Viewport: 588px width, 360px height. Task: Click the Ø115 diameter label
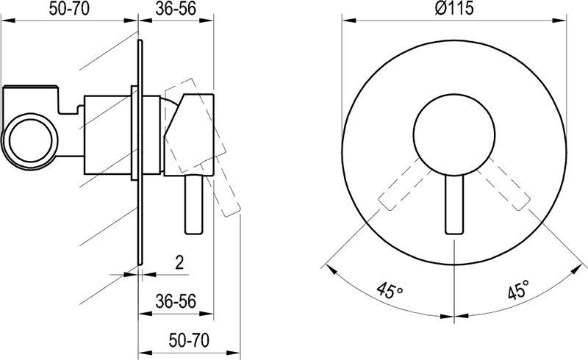(x=453, y=8)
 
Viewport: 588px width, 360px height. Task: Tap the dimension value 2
(x=179, y=263)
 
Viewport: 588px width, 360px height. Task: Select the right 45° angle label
(x=519, y=289)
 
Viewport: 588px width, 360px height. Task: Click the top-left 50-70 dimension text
(x=69, y=9)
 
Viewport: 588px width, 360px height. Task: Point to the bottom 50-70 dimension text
(x=189, y=340)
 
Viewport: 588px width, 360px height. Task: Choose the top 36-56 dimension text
(x=176, y=9)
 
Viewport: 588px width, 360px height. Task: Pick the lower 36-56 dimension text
(x=176, y=301)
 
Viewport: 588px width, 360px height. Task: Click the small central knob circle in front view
(x=454, y=134)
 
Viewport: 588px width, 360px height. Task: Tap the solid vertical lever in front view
(x=454, y=205)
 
